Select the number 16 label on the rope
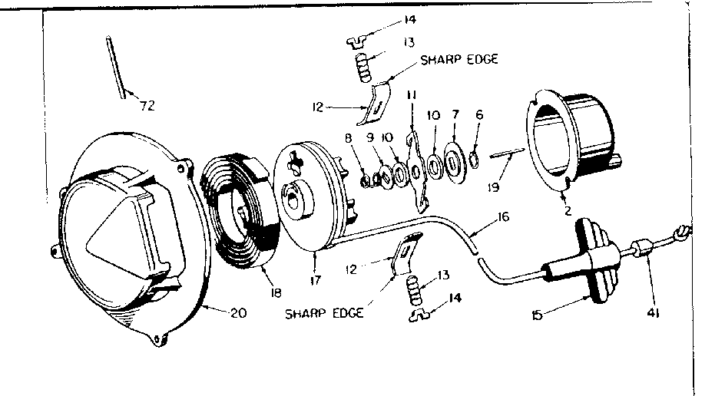pos(503,217)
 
